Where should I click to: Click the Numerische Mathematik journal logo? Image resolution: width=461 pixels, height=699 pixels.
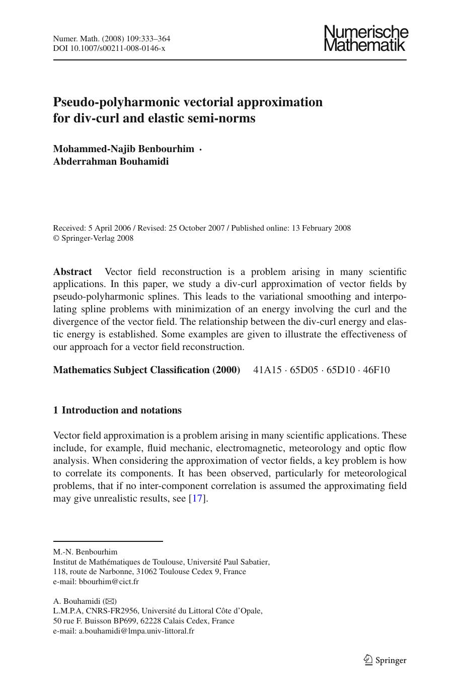pyautogui.click(x=365, y=39)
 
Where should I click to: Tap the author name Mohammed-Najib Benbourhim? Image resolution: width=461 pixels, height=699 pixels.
pyautogui.click(x=123, y=149)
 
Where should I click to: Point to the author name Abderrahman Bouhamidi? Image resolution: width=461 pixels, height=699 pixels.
pyautogui.click(x=111, y=162)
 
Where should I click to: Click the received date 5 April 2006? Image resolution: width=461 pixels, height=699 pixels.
pyautogui.click(x=109, y=228)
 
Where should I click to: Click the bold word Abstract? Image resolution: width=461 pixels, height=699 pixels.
pyautogui.click(x=72, y=272)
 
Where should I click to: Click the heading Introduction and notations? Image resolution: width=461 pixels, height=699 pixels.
pyautogui.click(x=121, y=410)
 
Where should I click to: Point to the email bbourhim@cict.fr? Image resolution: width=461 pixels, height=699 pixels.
pyautogui.click(x=109, y=582)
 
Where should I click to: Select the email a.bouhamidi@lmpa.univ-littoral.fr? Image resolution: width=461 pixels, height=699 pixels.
pyautogui.click(x=136, y=631)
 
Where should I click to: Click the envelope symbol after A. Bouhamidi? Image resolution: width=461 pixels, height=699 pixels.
pyautogui.click(x=110, y=601)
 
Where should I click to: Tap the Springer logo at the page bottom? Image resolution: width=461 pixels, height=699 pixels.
pyautogui.click(x=385, y=660)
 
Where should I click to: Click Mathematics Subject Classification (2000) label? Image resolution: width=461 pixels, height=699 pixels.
pyautogui.click(x=146, y=370)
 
